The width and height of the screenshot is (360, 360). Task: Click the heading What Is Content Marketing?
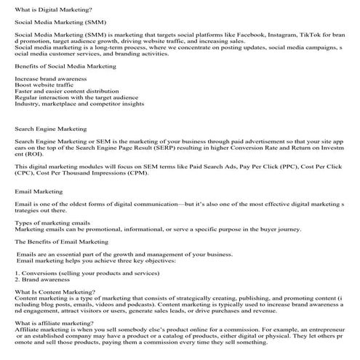pos(52,292)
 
